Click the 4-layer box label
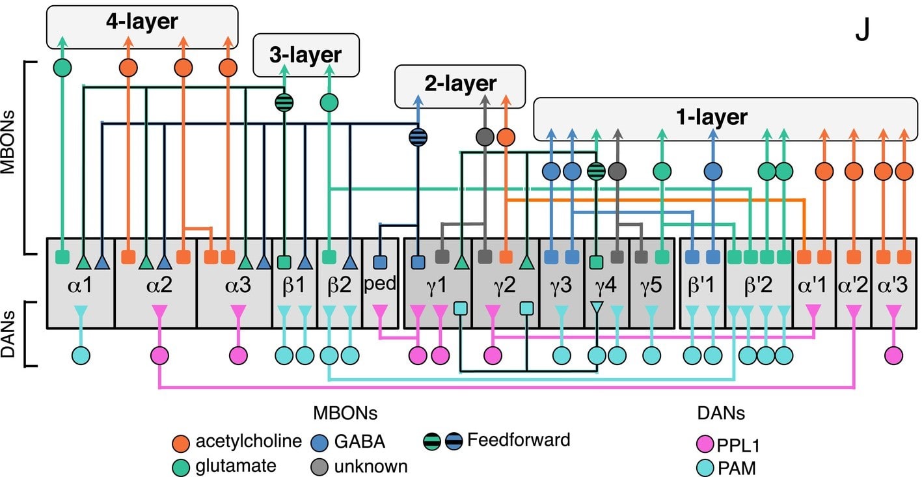click(x=142, y=22)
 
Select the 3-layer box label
click(x=306, y=55)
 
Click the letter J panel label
click(x=862, y=31)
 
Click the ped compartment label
click(x=381, y=285)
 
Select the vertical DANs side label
click(x=9, y=333)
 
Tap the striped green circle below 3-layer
click(x=284, y=102)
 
